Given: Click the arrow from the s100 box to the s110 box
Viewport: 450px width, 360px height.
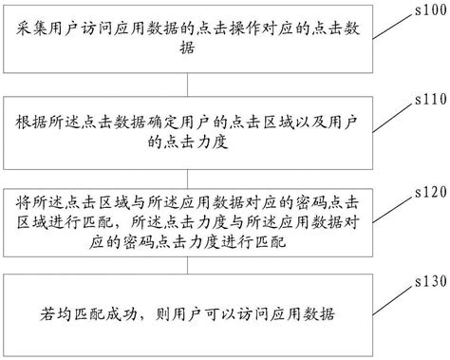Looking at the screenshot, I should [x=206, y=81].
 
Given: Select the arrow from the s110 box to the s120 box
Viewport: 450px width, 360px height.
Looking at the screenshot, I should [x=206, y=171].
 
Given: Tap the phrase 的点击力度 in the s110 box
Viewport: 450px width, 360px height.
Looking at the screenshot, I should [x=207, y=143].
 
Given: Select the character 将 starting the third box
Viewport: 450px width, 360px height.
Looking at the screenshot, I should [x=25, y=201].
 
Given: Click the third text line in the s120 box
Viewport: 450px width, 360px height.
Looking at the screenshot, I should [x=207, y=242].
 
